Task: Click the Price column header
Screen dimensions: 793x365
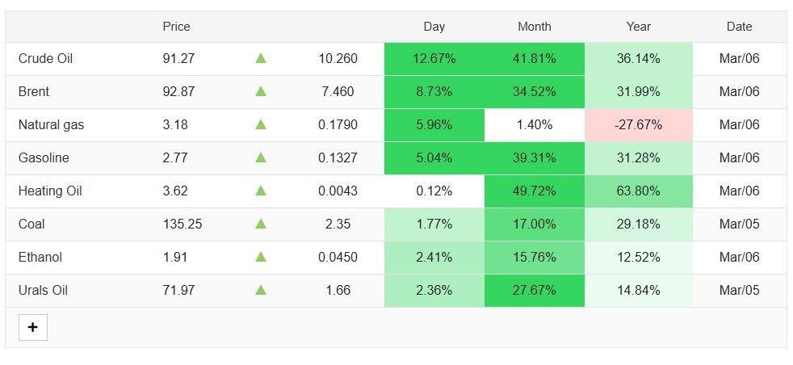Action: coord(177,27)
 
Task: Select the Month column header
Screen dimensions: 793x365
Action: coord(534,27)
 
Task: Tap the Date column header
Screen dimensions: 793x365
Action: coord(739,27)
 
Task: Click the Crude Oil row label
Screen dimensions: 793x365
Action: coord(45,59)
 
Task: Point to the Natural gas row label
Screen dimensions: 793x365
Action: coord(51,124)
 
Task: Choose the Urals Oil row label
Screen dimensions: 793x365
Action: coord(43,290)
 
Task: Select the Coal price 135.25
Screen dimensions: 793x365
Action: coord(182,224)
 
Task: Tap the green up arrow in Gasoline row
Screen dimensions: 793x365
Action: coord(261,157)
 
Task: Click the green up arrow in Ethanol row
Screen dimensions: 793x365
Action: coord(261,257)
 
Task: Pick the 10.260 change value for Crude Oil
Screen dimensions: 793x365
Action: coord(338,59)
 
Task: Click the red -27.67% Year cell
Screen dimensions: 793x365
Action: coord(638,124)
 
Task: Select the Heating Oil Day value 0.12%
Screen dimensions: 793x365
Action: coord(434,191)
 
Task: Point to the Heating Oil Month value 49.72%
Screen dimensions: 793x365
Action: coord(534,191)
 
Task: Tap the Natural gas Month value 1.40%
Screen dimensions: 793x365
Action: coord(534,124)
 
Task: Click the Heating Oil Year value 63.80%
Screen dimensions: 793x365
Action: coord(638,191)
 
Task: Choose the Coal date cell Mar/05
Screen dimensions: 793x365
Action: coord(739,224)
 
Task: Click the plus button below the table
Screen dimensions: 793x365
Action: coord(33,327)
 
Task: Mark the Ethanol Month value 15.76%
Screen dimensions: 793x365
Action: coord(534,257)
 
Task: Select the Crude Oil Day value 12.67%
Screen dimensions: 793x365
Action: coord(434,59)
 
